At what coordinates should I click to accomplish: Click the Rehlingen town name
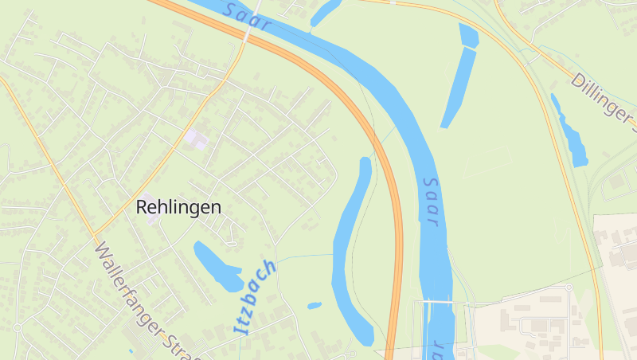point(178,207)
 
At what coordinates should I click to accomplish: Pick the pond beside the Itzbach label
point(217,266)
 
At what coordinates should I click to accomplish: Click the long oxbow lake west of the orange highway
point(350,247)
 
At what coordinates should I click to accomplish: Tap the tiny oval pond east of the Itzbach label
point(315,305)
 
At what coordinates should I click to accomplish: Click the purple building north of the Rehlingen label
point(196,140)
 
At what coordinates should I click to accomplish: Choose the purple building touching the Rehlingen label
point(150,217)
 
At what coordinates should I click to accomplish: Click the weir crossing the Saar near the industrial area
point(438,302)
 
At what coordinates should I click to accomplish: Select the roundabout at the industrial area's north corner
point(569,288)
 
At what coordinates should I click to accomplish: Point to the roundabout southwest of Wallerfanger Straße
point(17,327)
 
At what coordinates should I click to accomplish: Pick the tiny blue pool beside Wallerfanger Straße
point(131,350)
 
